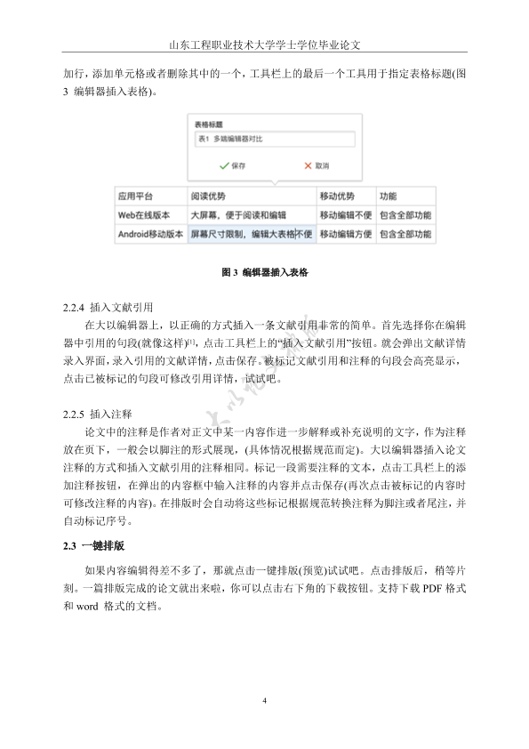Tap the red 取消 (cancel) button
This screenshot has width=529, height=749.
tap(317, 165)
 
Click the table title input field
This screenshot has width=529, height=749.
tap(274, 140)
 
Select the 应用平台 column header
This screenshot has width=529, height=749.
tap(136, 197)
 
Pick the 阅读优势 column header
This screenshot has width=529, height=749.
tap(208, 197)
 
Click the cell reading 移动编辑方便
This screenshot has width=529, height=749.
tap(345, 235)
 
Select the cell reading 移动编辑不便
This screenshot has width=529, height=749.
tap(345, 215)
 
